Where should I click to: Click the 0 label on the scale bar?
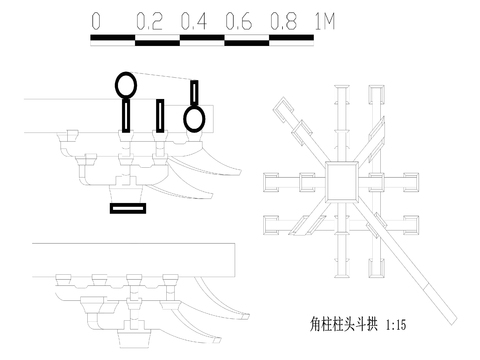[x=95, y=20]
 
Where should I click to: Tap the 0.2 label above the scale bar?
[x=150, y=20]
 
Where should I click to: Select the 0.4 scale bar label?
[x=196, y=20]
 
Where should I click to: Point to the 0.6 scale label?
[x=241, y=20]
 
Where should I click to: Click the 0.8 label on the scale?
[x=285, y=20]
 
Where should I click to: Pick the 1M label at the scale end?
[x=324, y=20]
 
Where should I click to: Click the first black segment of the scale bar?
[x=113, y=40]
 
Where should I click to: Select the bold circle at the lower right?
[x=194, y=118]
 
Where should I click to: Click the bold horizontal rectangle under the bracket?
[x=128, y=208]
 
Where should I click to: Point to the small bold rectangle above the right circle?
[x=194, y=92]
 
